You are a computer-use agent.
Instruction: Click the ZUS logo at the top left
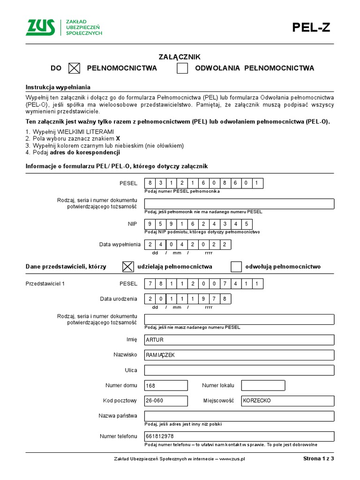(x=40, y=27)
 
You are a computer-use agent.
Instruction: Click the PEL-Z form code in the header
(x=311, y=28)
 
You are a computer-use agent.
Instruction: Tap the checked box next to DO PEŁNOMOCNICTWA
(x=75, y=68)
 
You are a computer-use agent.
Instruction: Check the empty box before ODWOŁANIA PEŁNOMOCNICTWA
(x=182, y=68)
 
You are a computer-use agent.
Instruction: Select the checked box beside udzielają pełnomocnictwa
(x=127, y=267)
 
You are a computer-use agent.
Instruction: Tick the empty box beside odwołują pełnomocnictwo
(x=236, y=267)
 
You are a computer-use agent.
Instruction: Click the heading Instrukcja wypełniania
(x=58, y=87)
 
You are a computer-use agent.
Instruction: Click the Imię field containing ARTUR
(x=239, y=340)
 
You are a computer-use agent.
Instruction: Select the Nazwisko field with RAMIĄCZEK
(x=239, y=355)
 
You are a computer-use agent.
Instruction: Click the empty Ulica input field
(x=239, y=370)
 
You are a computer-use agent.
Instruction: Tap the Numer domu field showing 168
(x=166, y=385)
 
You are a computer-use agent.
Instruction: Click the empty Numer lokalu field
(x=263, y=385)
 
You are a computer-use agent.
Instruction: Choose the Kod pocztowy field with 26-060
(x=166, y=401)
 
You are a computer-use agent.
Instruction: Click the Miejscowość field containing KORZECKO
(x=287, y=401)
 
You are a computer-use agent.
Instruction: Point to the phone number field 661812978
(x=239, y=436)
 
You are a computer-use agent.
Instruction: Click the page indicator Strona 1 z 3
(x=318, y=459)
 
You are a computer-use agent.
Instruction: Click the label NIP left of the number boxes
(x=132, y=224)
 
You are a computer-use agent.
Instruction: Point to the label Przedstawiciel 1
(x=45, y=284)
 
